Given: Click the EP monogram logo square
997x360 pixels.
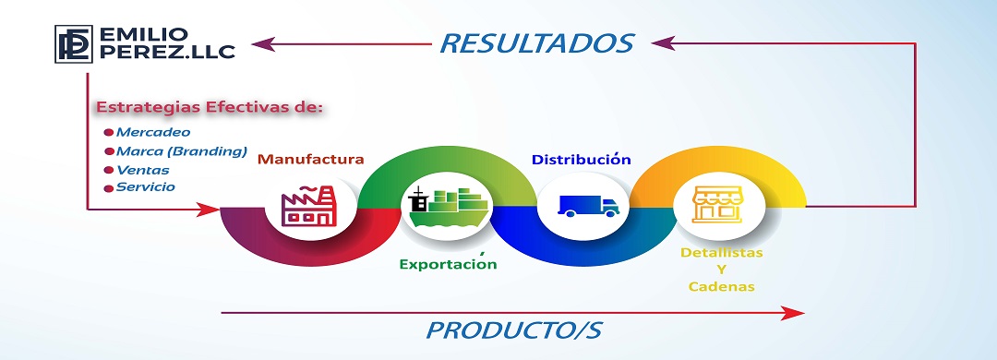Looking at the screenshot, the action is tap(74, 44).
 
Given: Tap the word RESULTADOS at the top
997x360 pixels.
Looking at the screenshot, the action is tap(536, 43).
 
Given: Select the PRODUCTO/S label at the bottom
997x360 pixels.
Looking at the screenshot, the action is tap(513, 330).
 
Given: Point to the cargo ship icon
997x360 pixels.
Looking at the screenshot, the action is tap(448, 208).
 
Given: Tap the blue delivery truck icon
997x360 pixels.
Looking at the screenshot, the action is tap(588, 206).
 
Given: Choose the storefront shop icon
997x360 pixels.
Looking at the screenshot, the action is tap(717, 205).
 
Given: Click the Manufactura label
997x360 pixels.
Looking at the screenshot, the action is tap(310, 159).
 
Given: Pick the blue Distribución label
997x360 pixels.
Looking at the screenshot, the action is tap(582, 159).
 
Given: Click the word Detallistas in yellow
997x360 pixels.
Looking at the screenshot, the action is tap(722, 253).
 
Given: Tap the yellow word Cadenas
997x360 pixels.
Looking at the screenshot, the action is tap(722, 287).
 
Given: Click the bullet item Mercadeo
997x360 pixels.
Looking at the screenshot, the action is tap(152, 132).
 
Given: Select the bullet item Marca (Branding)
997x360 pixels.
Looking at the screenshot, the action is tap(181, 151).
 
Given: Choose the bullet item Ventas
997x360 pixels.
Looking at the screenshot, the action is tap(142, 170).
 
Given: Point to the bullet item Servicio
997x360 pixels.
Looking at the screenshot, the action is tap(145, 187).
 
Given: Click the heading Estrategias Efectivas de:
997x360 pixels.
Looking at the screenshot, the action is tap(210, 107).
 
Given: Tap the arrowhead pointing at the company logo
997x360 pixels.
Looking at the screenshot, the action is tap(262, 44).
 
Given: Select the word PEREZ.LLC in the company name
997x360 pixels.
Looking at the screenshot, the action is tap(167, 52).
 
